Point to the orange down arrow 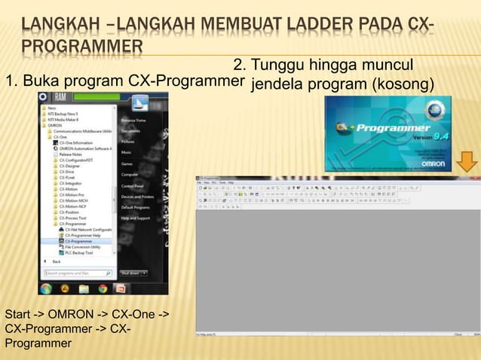click(x=466, y=160)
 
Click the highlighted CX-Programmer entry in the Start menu click(x=79, y=241)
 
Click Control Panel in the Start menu click(x=133, y=185)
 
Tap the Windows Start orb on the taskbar click(x=46, y=288)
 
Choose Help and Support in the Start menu click(x=136, y=218)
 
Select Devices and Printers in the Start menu click(x=137, y=197)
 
